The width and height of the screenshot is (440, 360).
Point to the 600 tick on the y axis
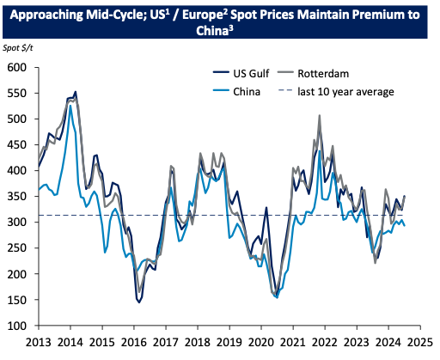(18, 67)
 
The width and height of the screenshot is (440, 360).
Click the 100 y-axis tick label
(18, 326)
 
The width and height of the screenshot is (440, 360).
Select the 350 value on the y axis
(18, 197)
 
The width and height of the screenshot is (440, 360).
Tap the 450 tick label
(18, 145)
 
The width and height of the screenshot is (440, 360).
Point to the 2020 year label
(261, 341)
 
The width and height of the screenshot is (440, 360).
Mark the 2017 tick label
(166, 341)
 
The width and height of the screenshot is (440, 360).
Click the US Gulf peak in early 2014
(76, 92)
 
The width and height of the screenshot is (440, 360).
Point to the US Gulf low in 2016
(138, 301)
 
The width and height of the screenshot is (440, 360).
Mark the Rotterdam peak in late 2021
(320, 115)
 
